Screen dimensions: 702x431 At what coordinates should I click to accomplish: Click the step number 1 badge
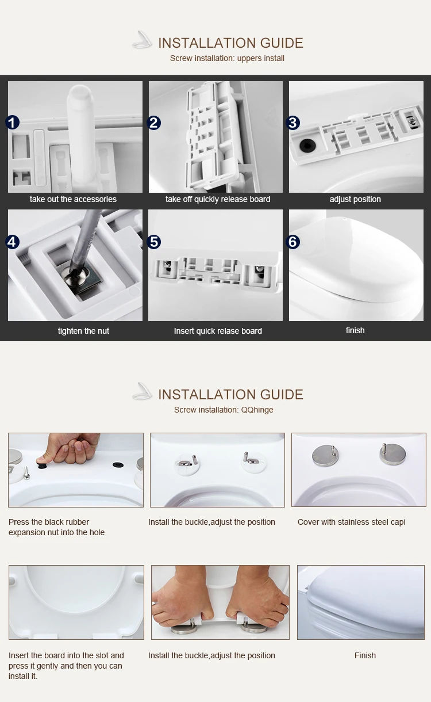click(12, 122)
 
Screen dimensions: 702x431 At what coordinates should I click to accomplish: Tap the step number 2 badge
click(153, 123)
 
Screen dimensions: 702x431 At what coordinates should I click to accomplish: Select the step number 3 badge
click(293, 123)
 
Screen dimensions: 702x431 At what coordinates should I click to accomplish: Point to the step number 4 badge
click(12, 242)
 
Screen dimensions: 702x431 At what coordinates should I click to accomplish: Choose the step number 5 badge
click(154, 242)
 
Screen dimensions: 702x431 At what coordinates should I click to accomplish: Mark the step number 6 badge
click(293, 242)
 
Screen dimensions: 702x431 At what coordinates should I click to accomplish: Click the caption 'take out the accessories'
click(73, 199)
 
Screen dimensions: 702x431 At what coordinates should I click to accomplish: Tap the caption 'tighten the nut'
click(83, 331)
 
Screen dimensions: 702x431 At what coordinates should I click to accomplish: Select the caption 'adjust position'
click(355, 199)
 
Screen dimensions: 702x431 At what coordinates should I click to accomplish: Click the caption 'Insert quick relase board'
click(218, 331)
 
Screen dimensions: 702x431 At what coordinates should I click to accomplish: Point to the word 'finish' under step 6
click(355, 330)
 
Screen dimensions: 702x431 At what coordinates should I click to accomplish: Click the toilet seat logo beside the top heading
click(142, 41)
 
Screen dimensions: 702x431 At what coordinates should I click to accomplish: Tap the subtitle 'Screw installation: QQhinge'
click(224, 410)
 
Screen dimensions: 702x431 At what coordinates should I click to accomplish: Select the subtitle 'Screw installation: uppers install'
click(227, 58)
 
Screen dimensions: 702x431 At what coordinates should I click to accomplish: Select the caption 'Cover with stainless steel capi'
click(351, 522)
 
